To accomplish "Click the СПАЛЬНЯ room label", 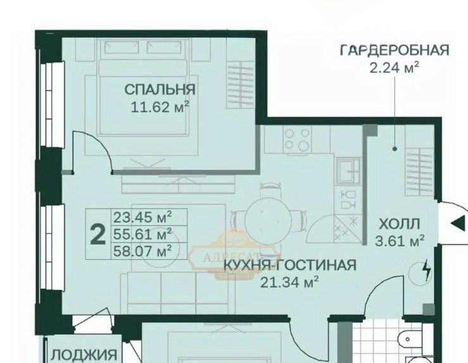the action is click(160, 89).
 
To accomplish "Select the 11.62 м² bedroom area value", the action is click(160, 107).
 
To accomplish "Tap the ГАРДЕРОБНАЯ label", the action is click(395, 50).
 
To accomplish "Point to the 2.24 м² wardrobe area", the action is click(395, 67).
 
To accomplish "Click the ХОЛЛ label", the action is click(400, 224).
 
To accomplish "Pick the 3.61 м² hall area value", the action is click(400, 241).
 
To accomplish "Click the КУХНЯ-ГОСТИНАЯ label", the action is click(290, 265).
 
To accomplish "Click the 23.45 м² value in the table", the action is click(142, 217).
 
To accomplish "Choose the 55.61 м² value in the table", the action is click(142, 234).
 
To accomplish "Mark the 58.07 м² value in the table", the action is click(142, 251).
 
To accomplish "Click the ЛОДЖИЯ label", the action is click(84, 355).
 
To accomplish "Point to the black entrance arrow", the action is click(458, 223).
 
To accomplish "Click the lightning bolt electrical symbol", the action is click(427, 270).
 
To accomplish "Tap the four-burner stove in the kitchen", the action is click(297, 139).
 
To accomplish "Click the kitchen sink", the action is click(348, 170).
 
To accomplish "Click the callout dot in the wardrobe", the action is click(395, 149).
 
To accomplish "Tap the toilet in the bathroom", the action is click(410, 340).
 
